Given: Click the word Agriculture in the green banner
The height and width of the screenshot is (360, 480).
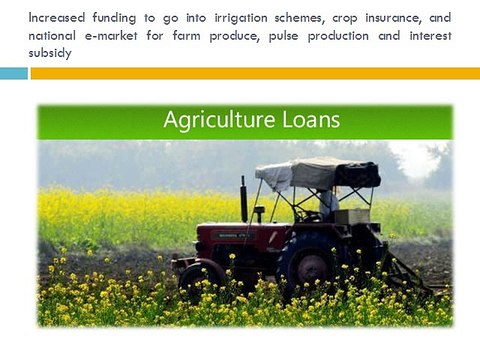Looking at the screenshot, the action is tap(219, 120).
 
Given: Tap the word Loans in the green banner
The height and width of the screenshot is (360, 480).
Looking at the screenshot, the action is tap(311, 119).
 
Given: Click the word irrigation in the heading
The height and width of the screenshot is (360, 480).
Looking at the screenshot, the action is tap(241, 19).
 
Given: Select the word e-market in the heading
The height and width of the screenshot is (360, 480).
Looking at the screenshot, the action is tap(111, 36).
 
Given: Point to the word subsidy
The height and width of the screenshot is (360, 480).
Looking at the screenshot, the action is tap(50, 53).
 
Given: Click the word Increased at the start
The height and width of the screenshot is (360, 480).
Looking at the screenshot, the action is tap(57, 18).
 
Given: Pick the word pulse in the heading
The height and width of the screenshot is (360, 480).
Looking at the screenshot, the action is tap(284, 36).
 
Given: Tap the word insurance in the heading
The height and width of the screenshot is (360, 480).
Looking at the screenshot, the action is tap(393, 18).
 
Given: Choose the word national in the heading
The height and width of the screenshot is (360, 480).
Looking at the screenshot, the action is tap(52, 36).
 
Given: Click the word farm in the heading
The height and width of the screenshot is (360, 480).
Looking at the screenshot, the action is tap(187, 36).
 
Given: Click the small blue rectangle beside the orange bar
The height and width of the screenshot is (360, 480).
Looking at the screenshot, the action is tap(14, 73).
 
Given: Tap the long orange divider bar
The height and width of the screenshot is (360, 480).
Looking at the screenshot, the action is tap(255, 73).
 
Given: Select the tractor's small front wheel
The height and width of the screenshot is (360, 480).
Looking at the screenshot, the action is tap(201, 279).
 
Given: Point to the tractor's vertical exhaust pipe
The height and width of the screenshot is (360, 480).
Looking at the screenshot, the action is tap(244, 199).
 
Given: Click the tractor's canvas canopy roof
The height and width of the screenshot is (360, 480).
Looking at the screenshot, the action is tap(318, 174).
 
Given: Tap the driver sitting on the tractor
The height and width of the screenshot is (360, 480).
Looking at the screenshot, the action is tap(328, 203).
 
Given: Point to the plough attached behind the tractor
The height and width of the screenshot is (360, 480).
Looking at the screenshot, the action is tap(405, 273).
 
